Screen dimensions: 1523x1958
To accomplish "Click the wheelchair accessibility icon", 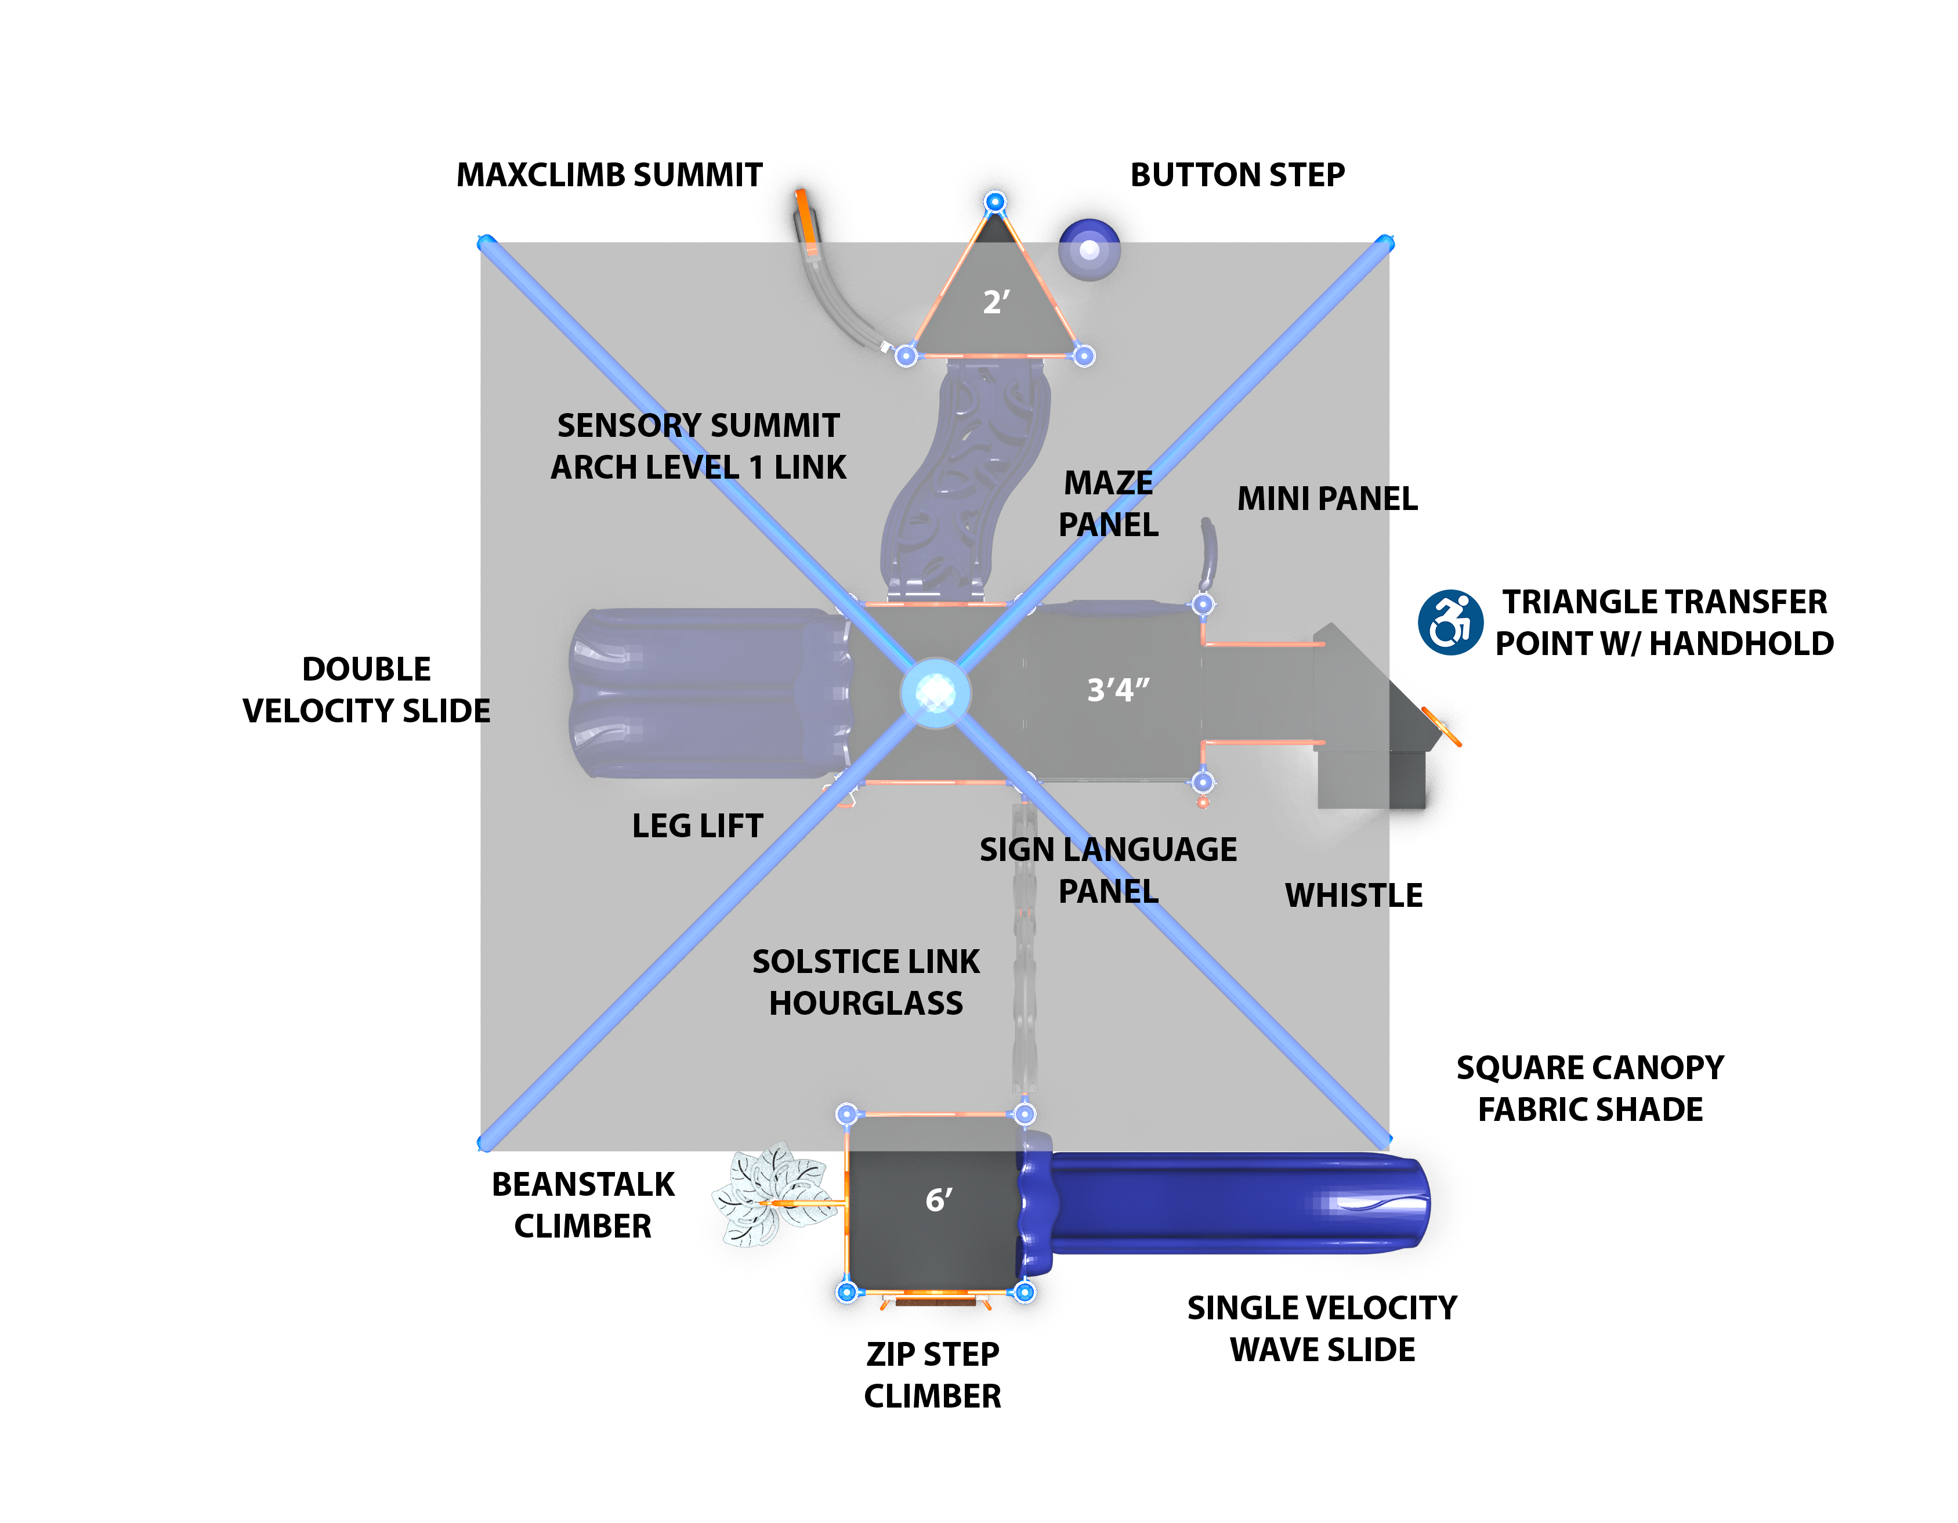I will point(1450,622).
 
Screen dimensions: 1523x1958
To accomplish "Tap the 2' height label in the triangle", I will point(996,302).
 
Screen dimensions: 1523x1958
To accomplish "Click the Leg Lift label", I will point(697,826).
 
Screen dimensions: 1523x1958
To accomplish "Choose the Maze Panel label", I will point(1108,504).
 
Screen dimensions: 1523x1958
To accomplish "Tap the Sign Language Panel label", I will point(1108,870).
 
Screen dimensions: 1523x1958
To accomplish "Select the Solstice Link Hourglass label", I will point(866,982).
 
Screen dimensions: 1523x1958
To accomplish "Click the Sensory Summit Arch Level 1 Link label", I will point(698,446).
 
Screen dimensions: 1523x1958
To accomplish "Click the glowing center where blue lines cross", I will point(935,693).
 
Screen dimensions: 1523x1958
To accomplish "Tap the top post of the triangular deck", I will point(995,202).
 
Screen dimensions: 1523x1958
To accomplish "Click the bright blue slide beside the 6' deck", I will point(1228,1203).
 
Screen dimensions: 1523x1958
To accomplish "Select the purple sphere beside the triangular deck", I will point(1090,249).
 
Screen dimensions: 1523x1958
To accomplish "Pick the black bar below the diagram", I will point(932,1394).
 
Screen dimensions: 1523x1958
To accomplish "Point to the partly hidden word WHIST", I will point(1336,895).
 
